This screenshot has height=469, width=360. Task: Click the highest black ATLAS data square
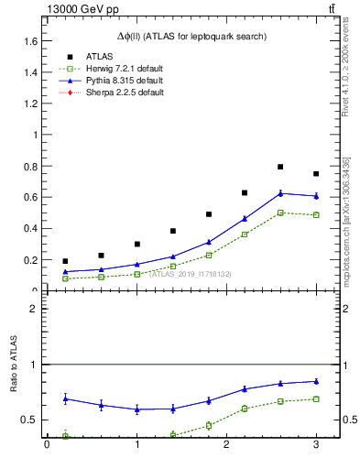(280, 167)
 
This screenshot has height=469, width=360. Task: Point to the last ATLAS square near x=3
(316, 174)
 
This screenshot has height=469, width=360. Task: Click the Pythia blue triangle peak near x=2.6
(280, 193)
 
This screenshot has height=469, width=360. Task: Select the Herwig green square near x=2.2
(245, 234)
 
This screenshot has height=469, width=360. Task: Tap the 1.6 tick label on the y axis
(31, 41)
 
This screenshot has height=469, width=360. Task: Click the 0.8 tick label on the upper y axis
(31, 166)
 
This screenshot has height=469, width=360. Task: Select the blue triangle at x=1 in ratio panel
(136, 409)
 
